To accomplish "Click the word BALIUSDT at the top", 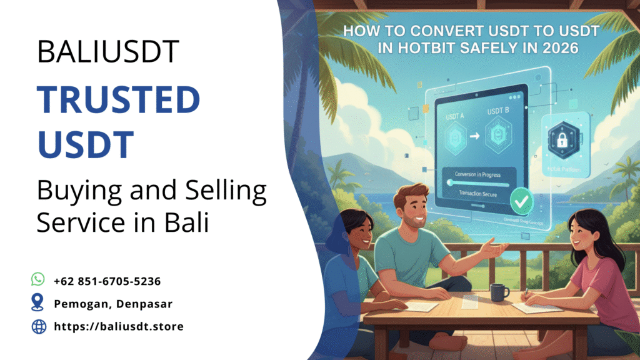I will pyautogui.click(x=108, y=51).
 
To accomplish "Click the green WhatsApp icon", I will pyautogui.click(x=38, y=280).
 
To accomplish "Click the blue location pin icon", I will pyautogui.click(x=38, y=303).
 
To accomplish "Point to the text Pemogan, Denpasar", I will pyautogui.click(x=113, y=304).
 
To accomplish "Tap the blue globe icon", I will pyautogui.click(x=38, y=326).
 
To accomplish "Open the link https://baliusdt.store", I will pyautogui.click(x=119, y=326).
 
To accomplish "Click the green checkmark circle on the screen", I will pyautogui.click(x=520, y=202).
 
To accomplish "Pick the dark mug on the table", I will pyautogui.click(x=499, y=292).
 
